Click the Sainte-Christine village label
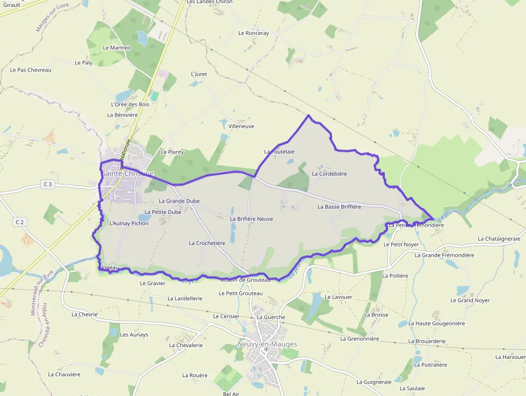127,174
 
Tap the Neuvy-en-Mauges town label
267,344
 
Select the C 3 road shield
48,184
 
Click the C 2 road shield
20,221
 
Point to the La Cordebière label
330,174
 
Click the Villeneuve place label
241,126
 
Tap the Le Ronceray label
253,33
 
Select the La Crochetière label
207,243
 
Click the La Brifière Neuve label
251,219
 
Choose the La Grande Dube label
179,201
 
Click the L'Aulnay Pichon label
129,223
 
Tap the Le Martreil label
116,47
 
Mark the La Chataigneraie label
499,239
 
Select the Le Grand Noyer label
470,300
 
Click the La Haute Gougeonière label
436,323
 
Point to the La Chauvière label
64,375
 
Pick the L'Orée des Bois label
130,104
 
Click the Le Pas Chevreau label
31,70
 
